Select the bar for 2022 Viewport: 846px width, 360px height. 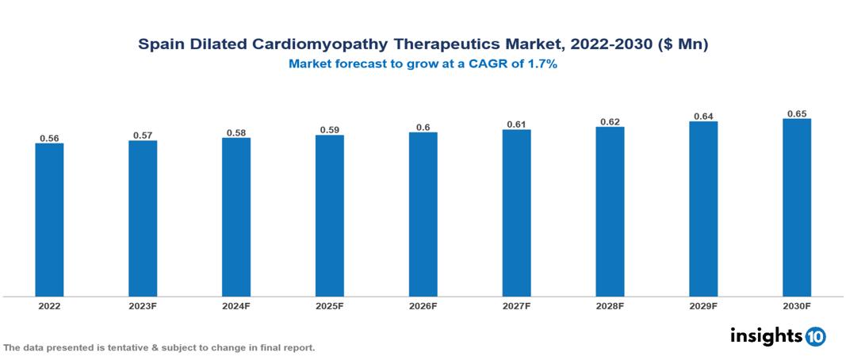[49, 220]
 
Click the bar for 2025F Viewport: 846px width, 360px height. [330, 216]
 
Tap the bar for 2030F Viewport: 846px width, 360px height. [797, 208]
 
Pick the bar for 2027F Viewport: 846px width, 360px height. [516, 213]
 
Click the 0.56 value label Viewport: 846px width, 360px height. [49, 138]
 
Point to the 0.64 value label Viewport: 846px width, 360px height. [703, 117]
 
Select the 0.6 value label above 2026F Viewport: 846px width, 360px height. [423, 128]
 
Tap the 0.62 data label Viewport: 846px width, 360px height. [610, 122]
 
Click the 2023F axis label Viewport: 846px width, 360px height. [143, 305]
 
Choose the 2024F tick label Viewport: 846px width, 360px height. [236, 305]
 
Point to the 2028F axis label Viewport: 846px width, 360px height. [610, 305]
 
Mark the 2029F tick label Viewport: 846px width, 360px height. [703, 305]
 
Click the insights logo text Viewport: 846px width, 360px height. [766, 335]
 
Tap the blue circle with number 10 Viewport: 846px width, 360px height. [815, 336]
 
